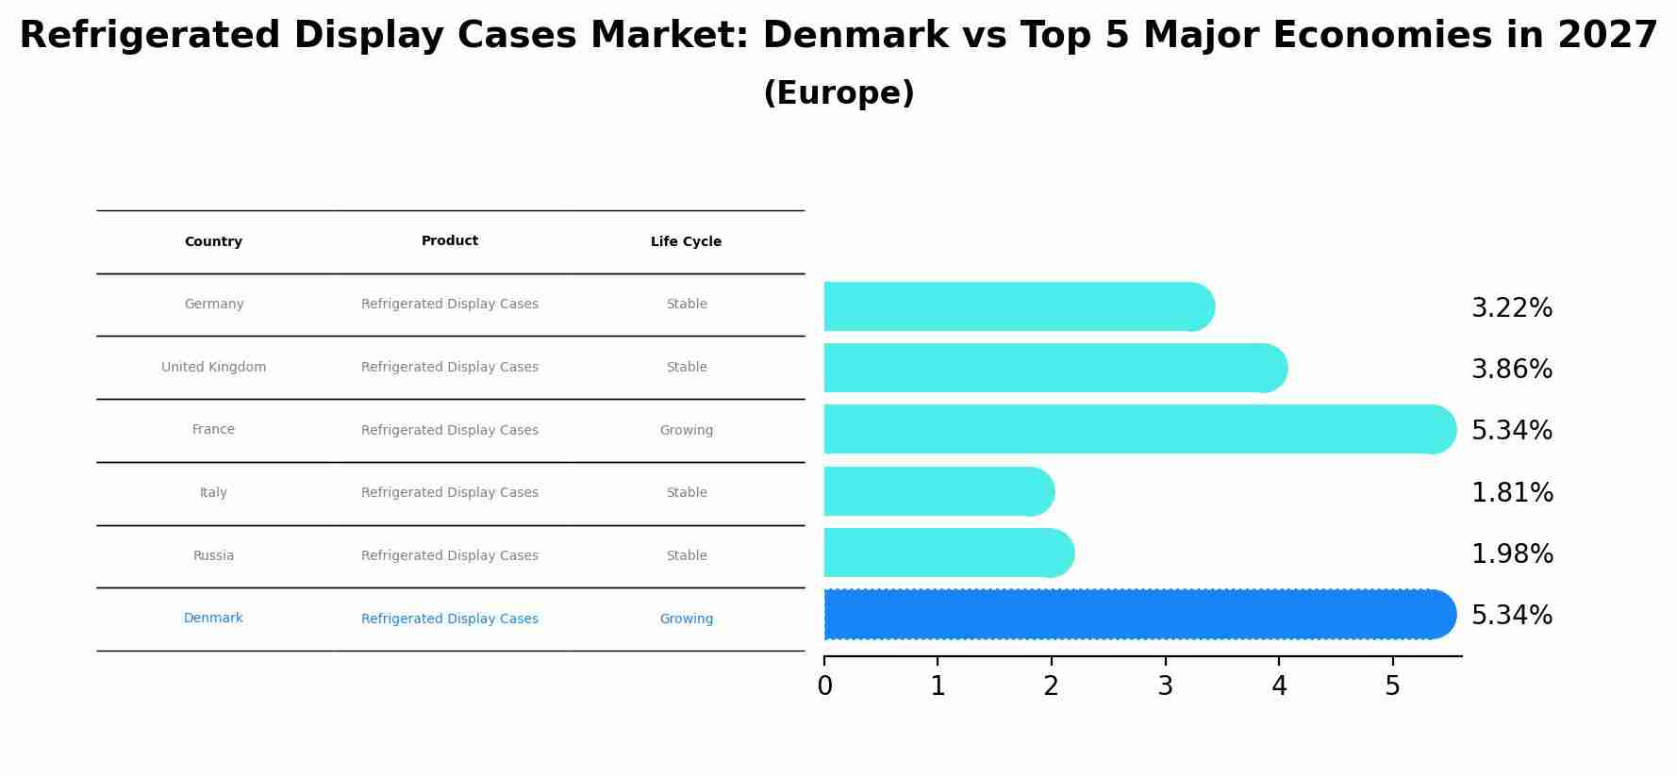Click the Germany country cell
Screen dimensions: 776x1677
click(x=214, y=305)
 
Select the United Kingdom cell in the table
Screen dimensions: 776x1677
click(x=214, y=368)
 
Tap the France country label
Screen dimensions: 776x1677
click(x=214, y=430)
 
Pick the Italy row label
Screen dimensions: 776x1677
click(x=214, y=493)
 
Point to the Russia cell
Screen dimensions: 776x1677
click(x=214, y=556)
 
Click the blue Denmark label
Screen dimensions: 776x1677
click(x=214, y=619)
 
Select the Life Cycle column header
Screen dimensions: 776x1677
click(x=686, y=242)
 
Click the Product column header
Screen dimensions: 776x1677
click(x=450, y=241)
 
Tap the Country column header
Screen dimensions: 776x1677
click(x=214, y=242)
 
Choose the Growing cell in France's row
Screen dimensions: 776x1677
click(x=686, y=431)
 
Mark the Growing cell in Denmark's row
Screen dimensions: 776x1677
click(x=686, y=619)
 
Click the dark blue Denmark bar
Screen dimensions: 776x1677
click(x=1132, y=615)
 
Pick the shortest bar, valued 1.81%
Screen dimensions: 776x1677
click(x=934, y=492)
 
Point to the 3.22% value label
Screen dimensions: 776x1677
click(x=1511, y=308)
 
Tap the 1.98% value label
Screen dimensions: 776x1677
click(x=1512, y=554)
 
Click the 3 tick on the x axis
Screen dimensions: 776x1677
click(x=1165, y=686)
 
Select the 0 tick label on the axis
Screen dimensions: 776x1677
click(x=824, y=686)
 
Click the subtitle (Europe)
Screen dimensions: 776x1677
click(x=838, y=93)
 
